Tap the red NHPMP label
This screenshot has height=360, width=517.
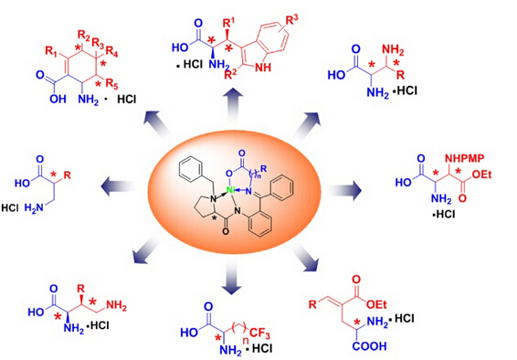465,159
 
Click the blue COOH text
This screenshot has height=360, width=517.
369,346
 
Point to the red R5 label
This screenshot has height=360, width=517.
111,84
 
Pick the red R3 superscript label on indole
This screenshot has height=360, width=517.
291,20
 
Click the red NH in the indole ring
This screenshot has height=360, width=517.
263,68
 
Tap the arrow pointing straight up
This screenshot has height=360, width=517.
233,104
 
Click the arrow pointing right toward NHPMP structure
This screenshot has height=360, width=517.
343,190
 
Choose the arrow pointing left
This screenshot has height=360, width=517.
118,186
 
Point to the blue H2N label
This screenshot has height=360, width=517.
35,207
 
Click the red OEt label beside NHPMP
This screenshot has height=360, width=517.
481,175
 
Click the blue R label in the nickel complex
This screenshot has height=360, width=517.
263,169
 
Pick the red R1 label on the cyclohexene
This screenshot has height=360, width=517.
52,51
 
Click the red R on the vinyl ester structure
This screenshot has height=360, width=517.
313,304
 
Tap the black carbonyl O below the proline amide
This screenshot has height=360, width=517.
226,231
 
